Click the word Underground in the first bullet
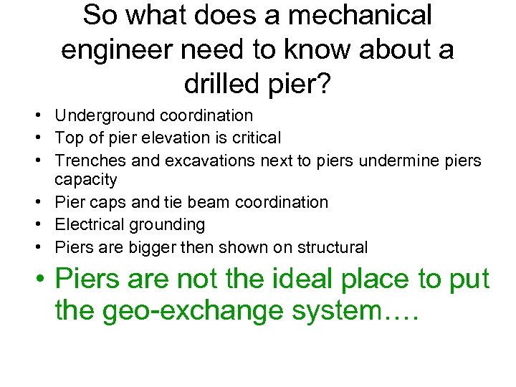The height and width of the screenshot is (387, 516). (x=105, y=115)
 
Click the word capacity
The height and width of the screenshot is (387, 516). (x=85, y=178)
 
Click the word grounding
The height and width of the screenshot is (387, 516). (x=166, y=225)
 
